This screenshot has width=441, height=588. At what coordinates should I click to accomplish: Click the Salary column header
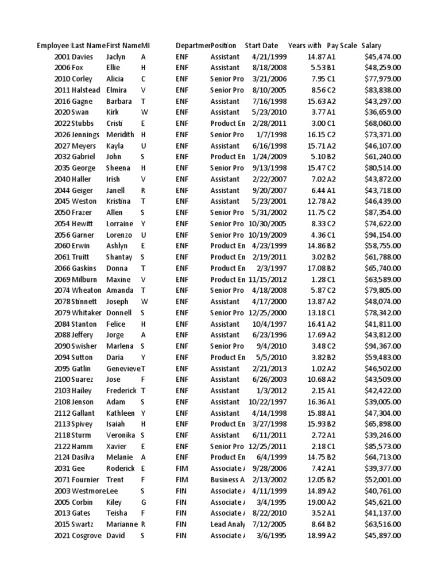coord(371,45)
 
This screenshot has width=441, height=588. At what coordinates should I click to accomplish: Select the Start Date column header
coord(261,45)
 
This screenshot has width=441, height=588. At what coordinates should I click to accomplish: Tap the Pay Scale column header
coord(341,45)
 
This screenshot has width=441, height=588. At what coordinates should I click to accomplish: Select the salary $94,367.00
coord(382,346)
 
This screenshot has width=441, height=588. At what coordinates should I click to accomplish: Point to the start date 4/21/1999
coord(265,57)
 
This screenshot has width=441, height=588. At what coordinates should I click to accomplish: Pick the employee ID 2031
coord(62,469)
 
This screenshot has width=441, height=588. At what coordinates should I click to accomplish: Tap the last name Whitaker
coord(87,313)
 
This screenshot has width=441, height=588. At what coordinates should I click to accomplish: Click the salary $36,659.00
coord(382,113)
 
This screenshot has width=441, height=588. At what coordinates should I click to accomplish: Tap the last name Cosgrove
coord(87,536)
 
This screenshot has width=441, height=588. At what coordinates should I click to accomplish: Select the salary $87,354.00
coord(382,212)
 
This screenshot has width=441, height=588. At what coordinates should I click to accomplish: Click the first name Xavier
coord(117,446)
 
